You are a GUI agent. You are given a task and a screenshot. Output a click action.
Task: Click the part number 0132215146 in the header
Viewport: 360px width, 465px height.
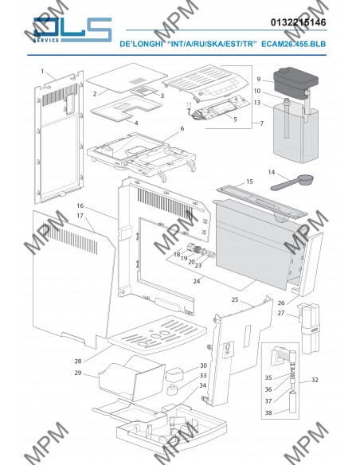click(x=298, y=22)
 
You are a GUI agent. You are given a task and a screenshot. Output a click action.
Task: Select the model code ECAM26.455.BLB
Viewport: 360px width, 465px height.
click(x=293, y=44)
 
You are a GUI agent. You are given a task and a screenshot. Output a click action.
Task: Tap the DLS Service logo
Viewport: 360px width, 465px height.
click(x=72, y=30)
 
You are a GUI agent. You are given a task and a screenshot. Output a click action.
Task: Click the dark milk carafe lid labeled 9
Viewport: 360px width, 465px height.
click(x=295, y=80)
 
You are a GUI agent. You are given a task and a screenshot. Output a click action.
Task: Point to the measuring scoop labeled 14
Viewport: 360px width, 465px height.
click(x=292, y=182)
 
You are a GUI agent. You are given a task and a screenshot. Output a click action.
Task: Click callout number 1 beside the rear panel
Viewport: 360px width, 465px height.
click(x=42, y=71)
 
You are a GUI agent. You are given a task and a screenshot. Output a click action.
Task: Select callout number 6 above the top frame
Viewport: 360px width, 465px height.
click(x=182, y=128)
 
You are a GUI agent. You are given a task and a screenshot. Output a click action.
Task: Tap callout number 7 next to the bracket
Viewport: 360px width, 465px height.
click(x=261, y=123)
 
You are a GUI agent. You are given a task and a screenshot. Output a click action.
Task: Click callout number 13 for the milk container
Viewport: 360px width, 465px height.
click(x=257, y=103)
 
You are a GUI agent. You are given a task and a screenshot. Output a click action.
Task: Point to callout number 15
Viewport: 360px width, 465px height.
click(x=249, y=182)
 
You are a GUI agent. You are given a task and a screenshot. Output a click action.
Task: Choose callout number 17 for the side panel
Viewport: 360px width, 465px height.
click(x=80, y=216)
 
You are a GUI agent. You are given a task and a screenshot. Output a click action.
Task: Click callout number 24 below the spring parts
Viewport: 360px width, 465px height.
click(x=197, y=281)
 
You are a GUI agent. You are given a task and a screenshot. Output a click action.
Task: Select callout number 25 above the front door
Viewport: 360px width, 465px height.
click(x=235, y=299)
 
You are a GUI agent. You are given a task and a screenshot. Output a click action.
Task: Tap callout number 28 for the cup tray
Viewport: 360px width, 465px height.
click(x=78, y=361)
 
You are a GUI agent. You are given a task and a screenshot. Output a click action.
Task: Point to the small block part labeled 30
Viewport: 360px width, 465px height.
click(x=174, y=374)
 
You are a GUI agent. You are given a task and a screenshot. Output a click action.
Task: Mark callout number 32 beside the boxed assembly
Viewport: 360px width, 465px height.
click(x=315, y=380)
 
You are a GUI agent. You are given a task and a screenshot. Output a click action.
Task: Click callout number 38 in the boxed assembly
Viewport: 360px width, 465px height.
click(x=268, y=412)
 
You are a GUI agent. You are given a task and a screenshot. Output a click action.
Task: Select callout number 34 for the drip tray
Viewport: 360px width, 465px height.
click(x=203, y=385)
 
